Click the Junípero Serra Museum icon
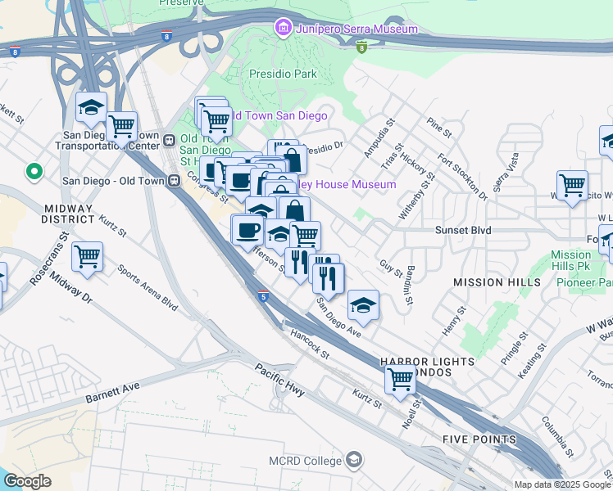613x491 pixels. click(x=283, y=29)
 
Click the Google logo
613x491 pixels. click(x=27, y=481)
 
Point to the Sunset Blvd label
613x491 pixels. click(x=463, y=231)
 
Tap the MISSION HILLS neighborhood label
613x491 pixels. click(x=497, y=282)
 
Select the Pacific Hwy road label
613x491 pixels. click(x=279, y=381)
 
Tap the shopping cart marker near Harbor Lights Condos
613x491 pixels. click(x=400, y=378)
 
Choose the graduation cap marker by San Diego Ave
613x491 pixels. click(x=362, y=305)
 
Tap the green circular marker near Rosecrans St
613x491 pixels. click(x=34, y=173)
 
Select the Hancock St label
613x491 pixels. click(x=311, y=345)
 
